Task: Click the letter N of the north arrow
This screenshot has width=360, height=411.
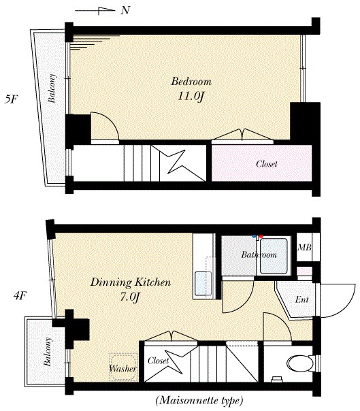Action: [x=126, y=10]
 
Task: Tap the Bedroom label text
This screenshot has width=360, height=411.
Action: [x=191, y=82]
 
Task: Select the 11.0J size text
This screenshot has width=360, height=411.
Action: [x=191, y=97]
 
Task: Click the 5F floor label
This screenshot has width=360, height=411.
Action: [x=11, y=99]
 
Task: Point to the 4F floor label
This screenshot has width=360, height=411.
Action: [x=20, y=296]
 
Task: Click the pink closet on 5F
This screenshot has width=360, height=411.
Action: [x=262, y=163]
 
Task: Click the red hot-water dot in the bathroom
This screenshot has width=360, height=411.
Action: [x=261, y=236]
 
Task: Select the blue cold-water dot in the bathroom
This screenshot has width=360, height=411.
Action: [x=254, y=236]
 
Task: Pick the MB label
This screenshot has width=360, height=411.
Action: [x=304, y=247]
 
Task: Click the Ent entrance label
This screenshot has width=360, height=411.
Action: [x=301, y=299]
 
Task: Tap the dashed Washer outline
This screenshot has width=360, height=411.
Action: [x=123, y=367]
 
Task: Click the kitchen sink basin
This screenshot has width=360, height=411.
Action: [x=203, y=284]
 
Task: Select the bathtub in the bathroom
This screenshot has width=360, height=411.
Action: [x=274, y=256]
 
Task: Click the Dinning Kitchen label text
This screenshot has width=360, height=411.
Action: [x=131, y=282]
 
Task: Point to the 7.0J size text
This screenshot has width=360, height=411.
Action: [x=129, y=297]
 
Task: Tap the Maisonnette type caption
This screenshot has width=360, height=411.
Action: [x=199, y=401]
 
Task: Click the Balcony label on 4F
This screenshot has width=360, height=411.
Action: [x=48, y=352]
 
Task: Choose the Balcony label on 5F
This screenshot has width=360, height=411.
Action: [x=52, y=88]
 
